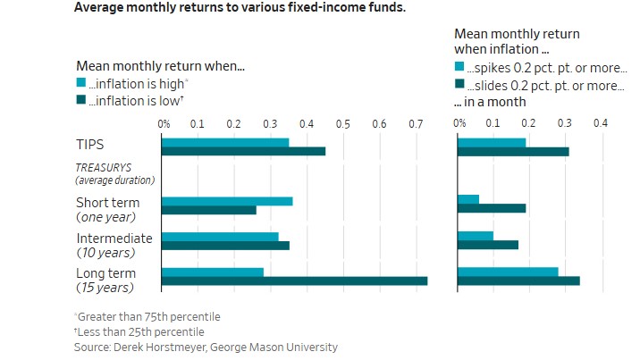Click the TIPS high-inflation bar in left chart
click(225, 142)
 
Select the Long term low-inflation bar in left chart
click(294, 281)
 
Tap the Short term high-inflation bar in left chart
click(227, 200)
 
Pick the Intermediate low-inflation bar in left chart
click(225, 245)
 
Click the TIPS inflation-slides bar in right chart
click(513, 152)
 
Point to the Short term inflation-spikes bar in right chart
click(468, 199)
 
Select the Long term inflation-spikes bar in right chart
click(508, 272)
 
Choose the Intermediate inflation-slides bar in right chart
click(488, 245)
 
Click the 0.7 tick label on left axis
click(417, 122)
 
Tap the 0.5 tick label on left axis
click(344, 122)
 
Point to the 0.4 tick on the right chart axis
click(601, 122)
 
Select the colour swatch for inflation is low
click(81, 100)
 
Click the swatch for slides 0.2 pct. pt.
click(459, 85)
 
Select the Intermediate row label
click(114, 239)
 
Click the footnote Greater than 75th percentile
click(148, 316)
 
